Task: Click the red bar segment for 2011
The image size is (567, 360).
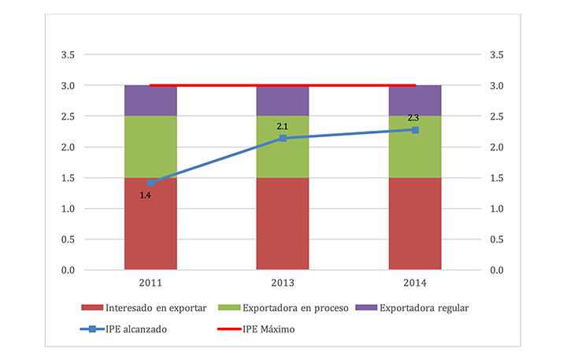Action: tap(150, 225)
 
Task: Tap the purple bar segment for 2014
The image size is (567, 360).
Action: tap(415, 100)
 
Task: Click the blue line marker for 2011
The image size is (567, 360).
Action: tap(150, 183)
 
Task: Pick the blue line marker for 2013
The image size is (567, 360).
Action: tap(283, 139)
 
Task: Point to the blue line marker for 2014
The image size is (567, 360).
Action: tap(415, 129)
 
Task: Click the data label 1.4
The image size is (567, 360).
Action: tap(146, 195)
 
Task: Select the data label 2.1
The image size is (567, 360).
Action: tap(283, 126)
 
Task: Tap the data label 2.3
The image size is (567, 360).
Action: tap(413, 118)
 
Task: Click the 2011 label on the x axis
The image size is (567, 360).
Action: tap(150, 283)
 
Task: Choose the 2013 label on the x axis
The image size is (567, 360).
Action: tap(283, 283)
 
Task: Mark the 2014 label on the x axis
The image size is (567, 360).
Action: tap(415, 283)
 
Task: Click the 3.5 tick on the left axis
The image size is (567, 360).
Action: tap(69, 55)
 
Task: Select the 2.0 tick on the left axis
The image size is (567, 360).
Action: tap(69, 147)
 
